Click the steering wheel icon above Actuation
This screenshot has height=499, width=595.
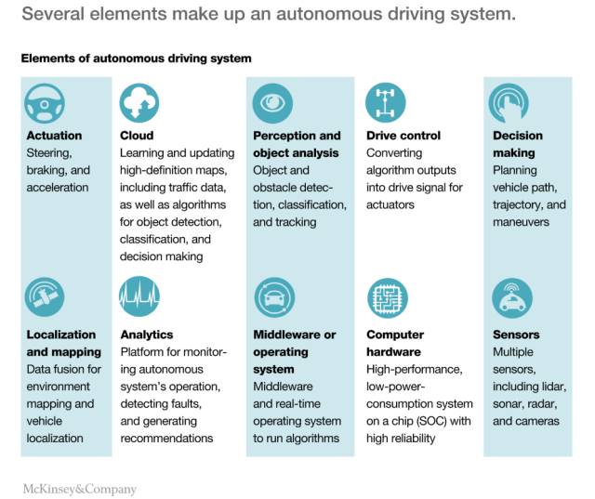(45, 103)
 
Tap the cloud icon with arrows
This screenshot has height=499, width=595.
(139, 103)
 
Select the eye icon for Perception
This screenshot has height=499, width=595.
(272, 103)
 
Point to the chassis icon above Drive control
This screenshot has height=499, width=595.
(386, 103)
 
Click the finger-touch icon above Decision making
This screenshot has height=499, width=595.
(509, 103)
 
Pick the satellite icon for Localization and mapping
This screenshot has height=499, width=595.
(45, 297)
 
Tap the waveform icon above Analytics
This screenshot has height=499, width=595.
(139, 297)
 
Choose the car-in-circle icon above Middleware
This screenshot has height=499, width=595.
(274, 297)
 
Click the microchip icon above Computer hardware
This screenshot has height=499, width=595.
(388, 298)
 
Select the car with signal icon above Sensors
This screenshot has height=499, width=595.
(512, 298)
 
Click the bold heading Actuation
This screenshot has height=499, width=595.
(54, 136)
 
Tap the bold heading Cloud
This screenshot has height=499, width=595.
(137, 136)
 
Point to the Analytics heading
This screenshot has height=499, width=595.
(147, 335)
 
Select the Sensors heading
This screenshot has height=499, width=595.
(516, 335)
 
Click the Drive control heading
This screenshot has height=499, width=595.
(403, 136)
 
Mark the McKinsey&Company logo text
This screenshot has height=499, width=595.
(79, 489)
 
